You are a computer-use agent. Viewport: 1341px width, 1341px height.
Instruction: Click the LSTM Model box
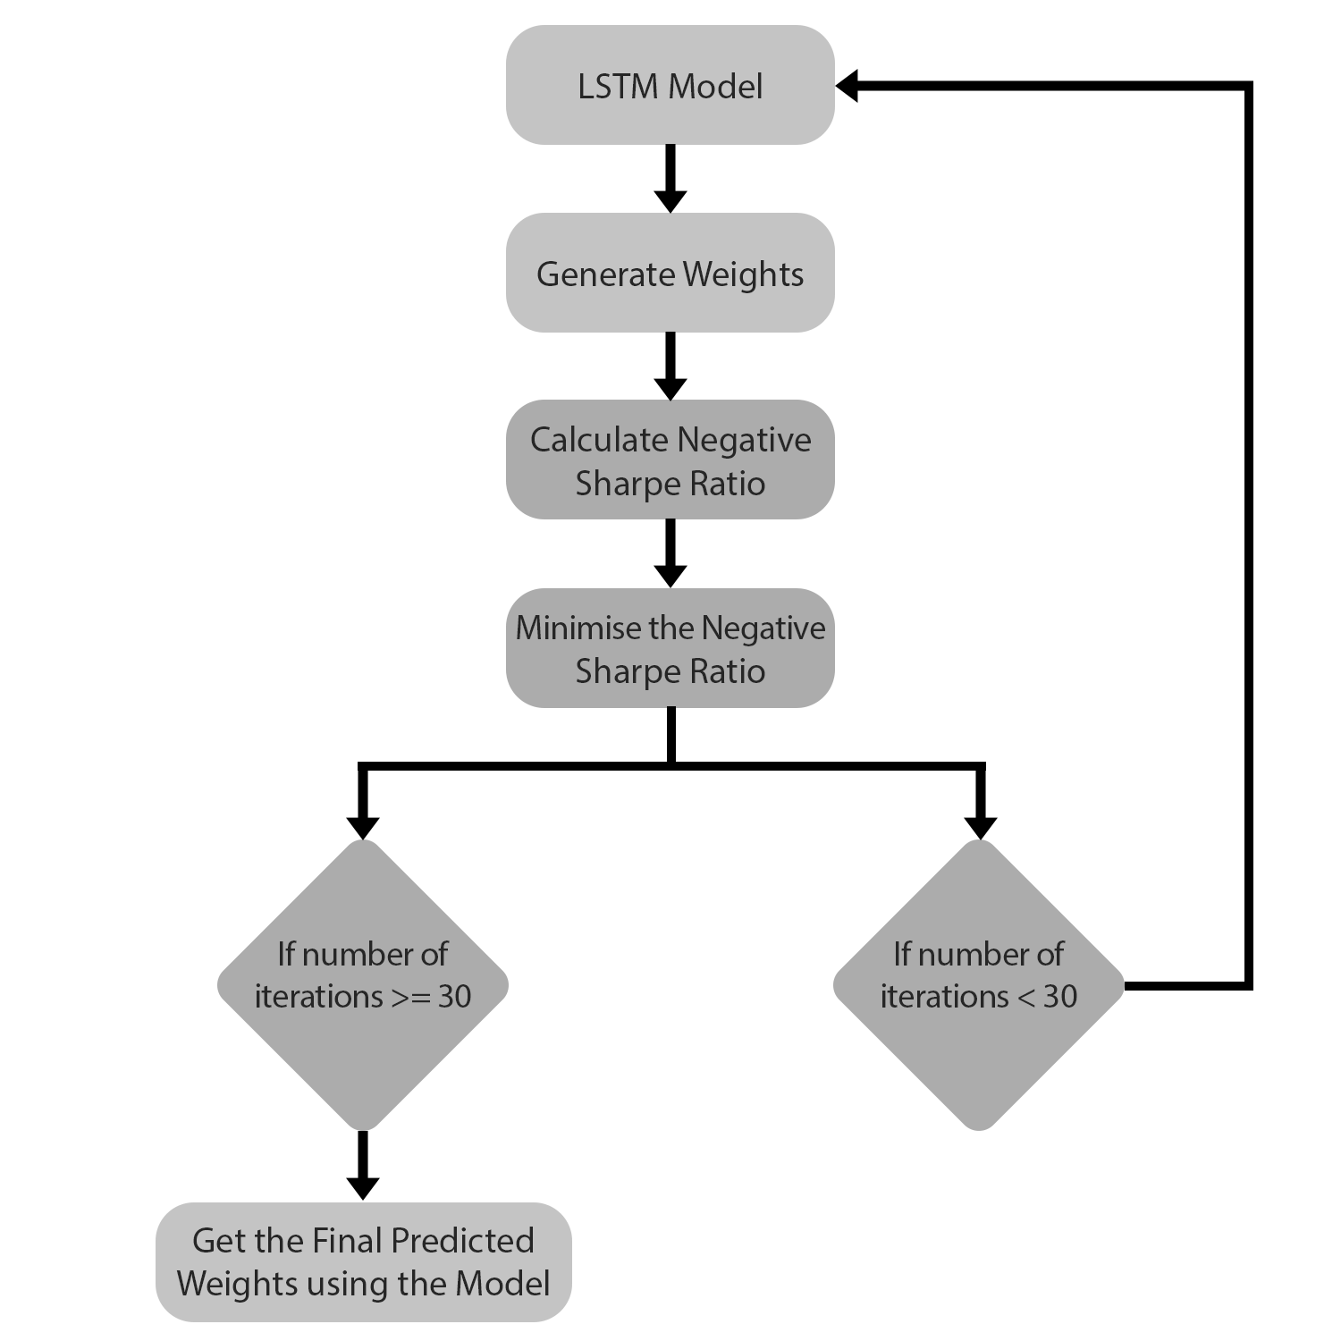coord(670,85)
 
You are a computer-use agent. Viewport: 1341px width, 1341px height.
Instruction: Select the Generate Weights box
coord(670,273)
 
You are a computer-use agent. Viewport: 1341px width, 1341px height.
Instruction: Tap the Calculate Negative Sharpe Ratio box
coord(670,460)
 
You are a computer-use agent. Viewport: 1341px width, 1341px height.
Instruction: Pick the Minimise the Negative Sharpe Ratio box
coord(670,648)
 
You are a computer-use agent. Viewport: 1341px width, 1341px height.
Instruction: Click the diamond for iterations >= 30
coord(362,984)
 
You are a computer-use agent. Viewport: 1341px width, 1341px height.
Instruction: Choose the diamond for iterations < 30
coord(979,984)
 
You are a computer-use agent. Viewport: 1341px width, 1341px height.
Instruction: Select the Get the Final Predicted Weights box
coord(363,1261)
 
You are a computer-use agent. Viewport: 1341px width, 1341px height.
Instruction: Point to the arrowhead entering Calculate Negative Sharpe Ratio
coord(670,388)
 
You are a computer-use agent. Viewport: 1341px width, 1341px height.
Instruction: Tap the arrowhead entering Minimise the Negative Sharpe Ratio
coord(670,576)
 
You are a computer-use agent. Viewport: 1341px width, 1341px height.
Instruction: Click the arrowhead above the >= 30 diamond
coord(362,827)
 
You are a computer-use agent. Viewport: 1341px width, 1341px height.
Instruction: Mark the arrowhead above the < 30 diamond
coord(981,827)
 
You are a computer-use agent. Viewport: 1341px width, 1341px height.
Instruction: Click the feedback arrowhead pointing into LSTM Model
coord(848,86)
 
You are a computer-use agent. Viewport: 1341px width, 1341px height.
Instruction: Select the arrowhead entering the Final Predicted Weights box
coord(362,1187)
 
